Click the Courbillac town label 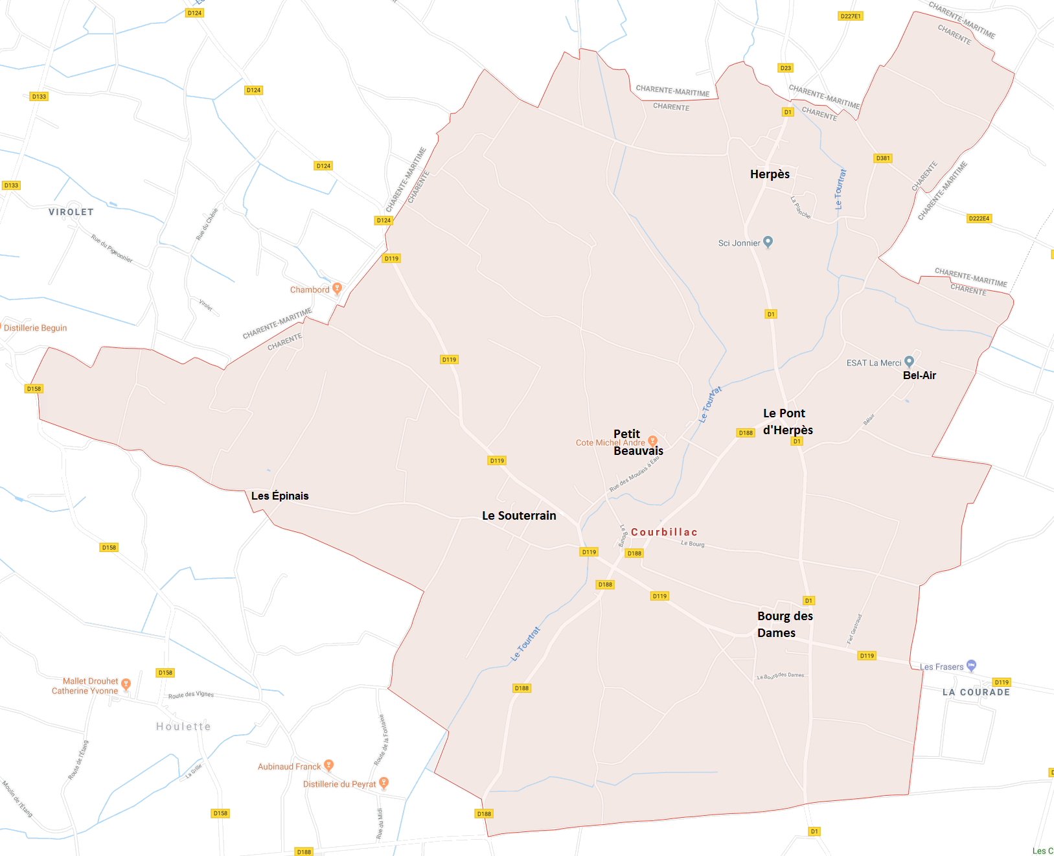[664, 532]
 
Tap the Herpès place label [770, 174]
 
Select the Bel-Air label [919, 375]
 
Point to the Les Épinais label [280, 496]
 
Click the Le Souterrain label [519, 516]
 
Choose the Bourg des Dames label [785, 624]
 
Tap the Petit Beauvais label [638, 443]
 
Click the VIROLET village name [71, 212]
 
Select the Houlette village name [183, 726]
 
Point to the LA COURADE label [976, 692]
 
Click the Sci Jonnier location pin [768, 242]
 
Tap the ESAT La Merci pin [909, 361]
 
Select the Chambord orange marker [337, 288]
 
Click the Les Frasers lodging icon [971, 665]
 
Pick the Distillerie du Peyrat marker [384, 782]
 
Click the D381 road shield [883, 158]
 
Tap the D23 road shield [785, 68]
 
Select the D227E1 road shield [850, 16]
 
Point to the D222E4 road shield [979, 218]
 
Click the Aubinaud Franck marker [328, 765]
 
